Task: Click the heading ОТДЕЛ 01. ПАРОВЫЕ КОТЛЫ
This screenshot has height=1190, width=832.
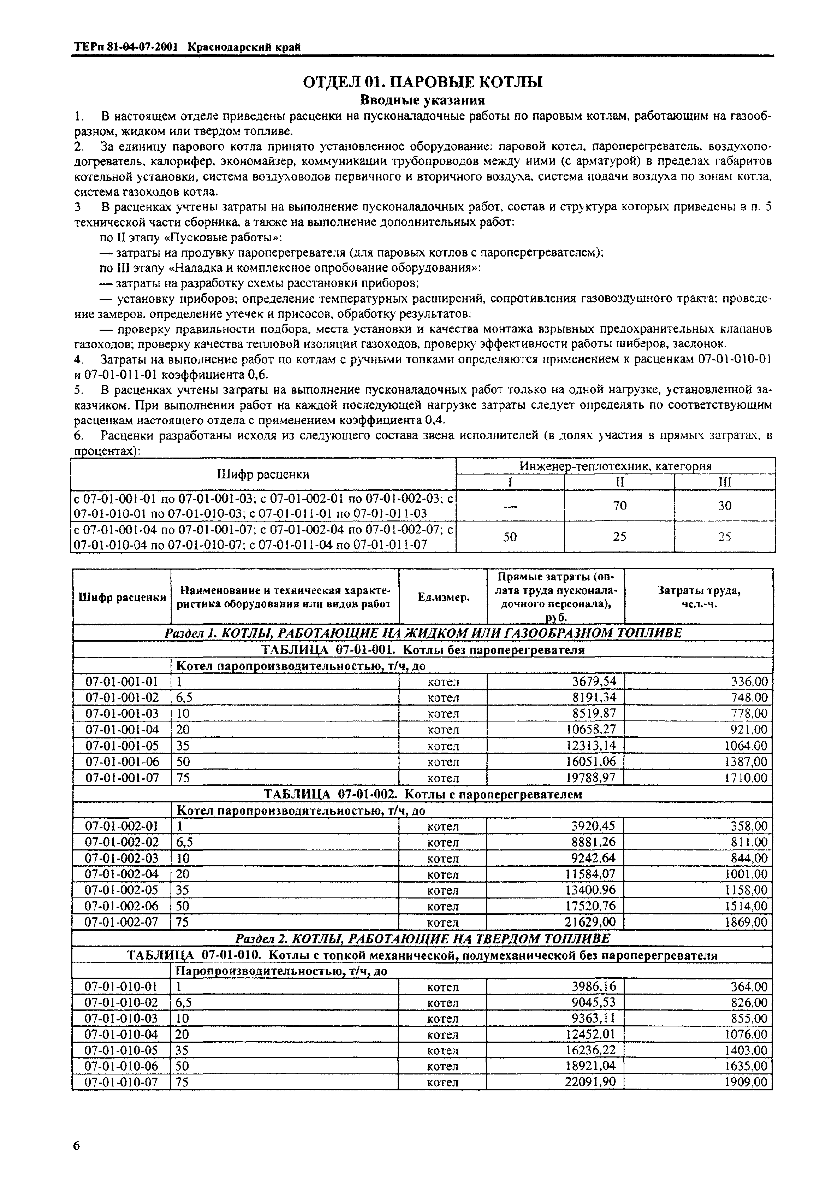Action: coord(422,82)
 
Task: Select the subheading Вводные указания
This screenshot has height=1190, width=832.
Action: coord(422,100)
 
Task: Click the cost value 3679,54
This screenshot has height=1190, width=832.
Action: coord(594,682)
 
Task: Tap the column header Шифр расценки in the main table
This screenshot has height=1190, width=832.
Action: coord(122,597)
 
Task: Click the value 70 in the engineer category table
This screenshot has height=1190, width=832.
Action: coord(620,505)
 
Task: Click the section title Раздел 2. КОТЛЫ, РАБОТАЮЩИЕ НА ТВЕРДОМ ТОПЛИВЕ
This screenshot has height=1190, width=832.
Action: coord(422,939)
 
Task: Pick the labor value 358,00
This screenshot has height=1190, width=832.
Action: coord(749,826)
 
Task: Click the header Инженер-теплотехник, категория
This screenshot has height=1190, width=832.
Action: coord(616,466)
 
